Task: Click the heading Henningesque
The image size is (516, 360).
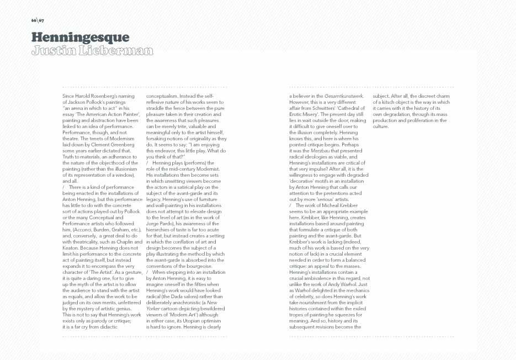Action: (80, 38)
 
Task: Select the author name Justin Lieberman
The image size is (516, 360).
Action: (92, 51)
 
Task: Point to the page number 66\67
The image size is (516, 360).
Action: (38, 20)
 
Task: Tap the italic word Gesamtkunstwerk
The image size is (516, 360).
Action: (344, 96)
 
